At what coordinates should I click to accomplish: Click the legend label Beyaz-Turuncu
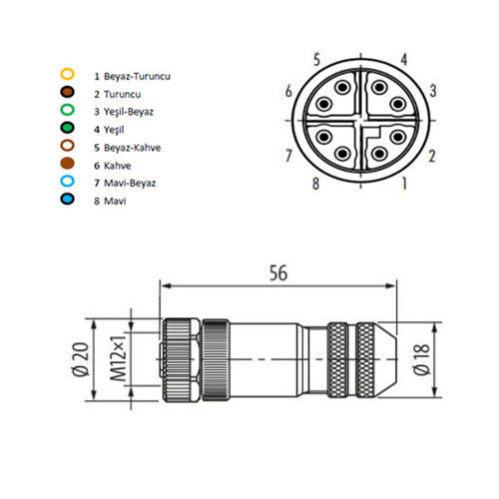[x=137, y=76]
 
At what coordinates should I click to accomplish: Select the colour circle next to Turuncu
[x=67, y=92]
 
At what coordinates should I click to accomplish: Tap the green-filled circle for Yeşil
[x=67, y=128]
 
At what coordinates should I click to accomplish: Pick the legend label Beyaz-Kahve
[x=133, y=148]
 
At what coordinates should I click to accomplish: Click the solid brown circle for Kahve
[x=67, y=163]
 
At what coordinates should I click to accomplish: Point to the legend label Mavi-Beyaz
[x=130, y=183]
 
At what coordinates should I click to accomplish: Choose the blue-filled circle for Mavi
[x=67, y=199]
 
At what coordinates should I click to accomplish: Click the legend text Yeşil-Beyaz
[x=129, y=112]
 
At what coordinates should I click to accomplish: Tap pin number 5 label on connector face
[x=316, y=60]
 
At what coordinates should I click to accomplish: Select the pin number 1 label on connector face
[x=404, y=184]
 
